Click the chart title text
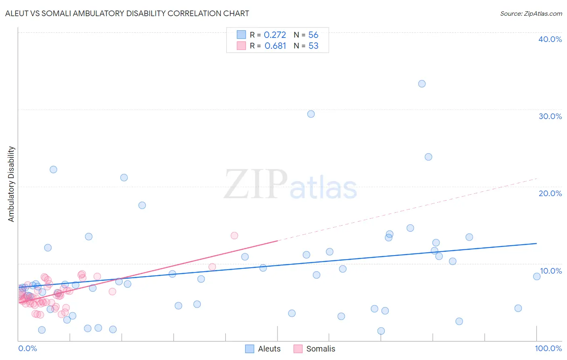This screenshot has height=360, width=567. coord(127,13)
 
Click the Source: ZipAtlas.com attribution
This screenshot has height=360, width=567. coord(531,13)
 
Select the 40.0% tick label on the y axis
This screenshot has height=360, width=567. coord(550,39)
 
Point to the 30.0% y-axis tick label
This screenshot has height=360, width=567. coord(550,116)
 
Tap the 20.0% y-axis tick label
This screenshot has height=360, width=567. coord(550,193)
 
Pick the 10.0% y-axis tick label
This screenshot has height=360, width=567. coord(550,271)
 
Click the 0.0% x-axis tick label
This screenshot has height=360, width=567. coord(27,348)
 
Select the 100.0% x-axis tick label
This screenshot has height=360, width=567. coord(548,348)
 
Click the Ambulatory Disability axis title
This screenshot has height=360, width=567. coord(11,184)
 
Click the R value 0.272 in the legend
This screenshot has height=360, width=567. coord(275,35)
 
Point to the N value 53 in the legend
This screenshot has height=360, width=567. coord(313,46)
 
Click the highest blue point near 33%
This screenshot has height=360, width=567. coord(422,84)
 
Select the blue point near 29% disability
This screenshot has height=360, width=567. coord(311,114)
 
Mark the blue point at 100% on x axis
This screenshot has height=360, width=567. coord(537,276)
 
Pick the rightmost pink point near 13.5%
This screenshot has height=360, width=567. coord(234,235)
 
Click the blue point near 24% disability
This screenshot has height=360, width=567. coord(428,157)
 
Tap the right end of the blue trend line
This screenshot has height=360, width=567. coord(536,243)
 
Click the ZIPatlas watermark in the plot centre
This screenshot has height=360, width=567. coord(290,185)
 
